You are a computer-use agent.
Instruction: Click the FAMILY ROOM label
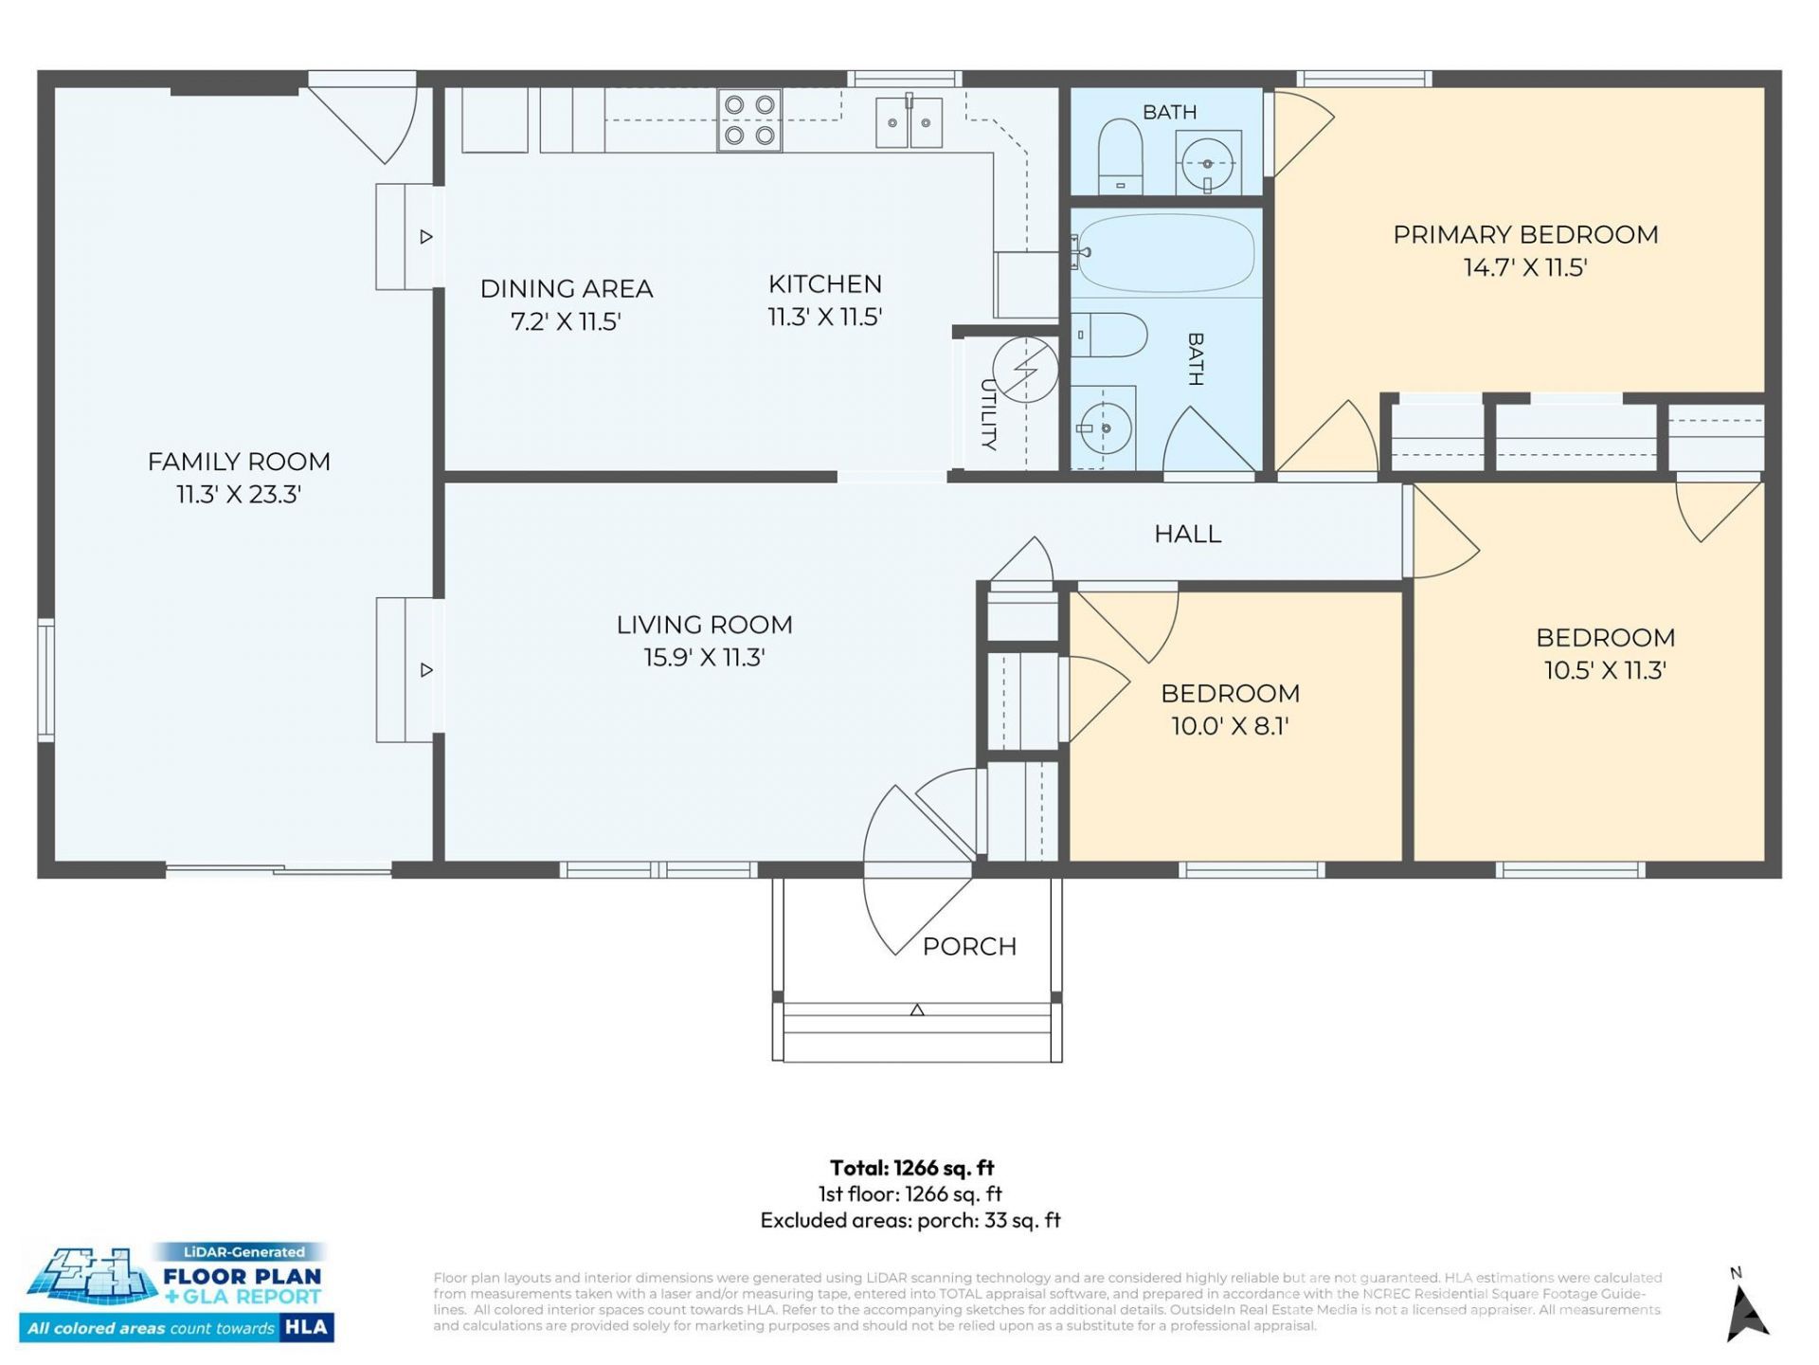pyautogui.click(x=239, y=462)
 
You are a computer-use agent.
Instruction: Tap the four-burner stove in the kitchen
pyautogui.click(x=749, y=120)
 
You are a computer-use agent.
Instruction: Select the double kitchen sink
pyautogui.click(x=909, y=122)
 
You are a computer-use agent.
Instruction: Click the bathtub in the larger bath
pyautogui.click(x=1166, y=252)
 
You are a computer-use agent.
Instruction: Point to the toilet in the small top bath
pyautogui.click(x=1120, y=156)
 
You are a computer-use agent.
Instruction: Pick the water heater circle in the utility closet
pyautogui.click(x=1025, y=370)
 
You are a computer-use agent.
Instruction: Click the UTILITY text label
pyautogui.click(x=988, y=414)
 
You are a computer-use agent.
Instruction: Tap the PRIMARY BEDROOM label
pyautogui.click(x=1525, y=234)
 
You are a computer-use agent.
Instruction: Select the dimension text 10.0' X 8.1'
pyautogui.click(x=1230, y=726)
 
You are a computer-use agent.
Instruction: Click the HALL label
pyautogui.click(x=1188, y=534)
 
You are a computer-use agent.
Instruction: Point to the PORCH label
pyautogui.click(x=969, y=946)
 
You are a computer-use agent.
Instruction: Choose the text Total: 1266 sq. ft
pyautogui.click(x=911, y=1168)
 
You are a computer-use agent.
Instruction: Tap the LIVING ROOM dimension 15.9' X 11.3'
pyautogui.click(x=704, y=658)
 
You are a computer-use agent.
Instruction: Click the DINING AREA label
pyautogui.click(x=567, y=288)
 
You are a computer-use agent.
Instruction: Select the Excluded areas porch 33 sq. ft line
pyautogui.click(x=910, y=1220)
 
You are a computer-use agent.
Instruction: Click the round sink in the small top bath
pyautogui.click(x=1208, y=163)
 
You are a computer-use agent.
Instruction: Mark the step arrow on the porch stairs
pyautogui.click(x=917, y=1010)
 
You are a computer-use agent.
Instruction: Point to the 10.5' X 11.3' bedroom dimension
pyautogui.click(x=1605, y=671)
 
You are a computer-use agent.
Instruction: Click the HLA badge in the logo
pyautogui.click(x=306, y=1327)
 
